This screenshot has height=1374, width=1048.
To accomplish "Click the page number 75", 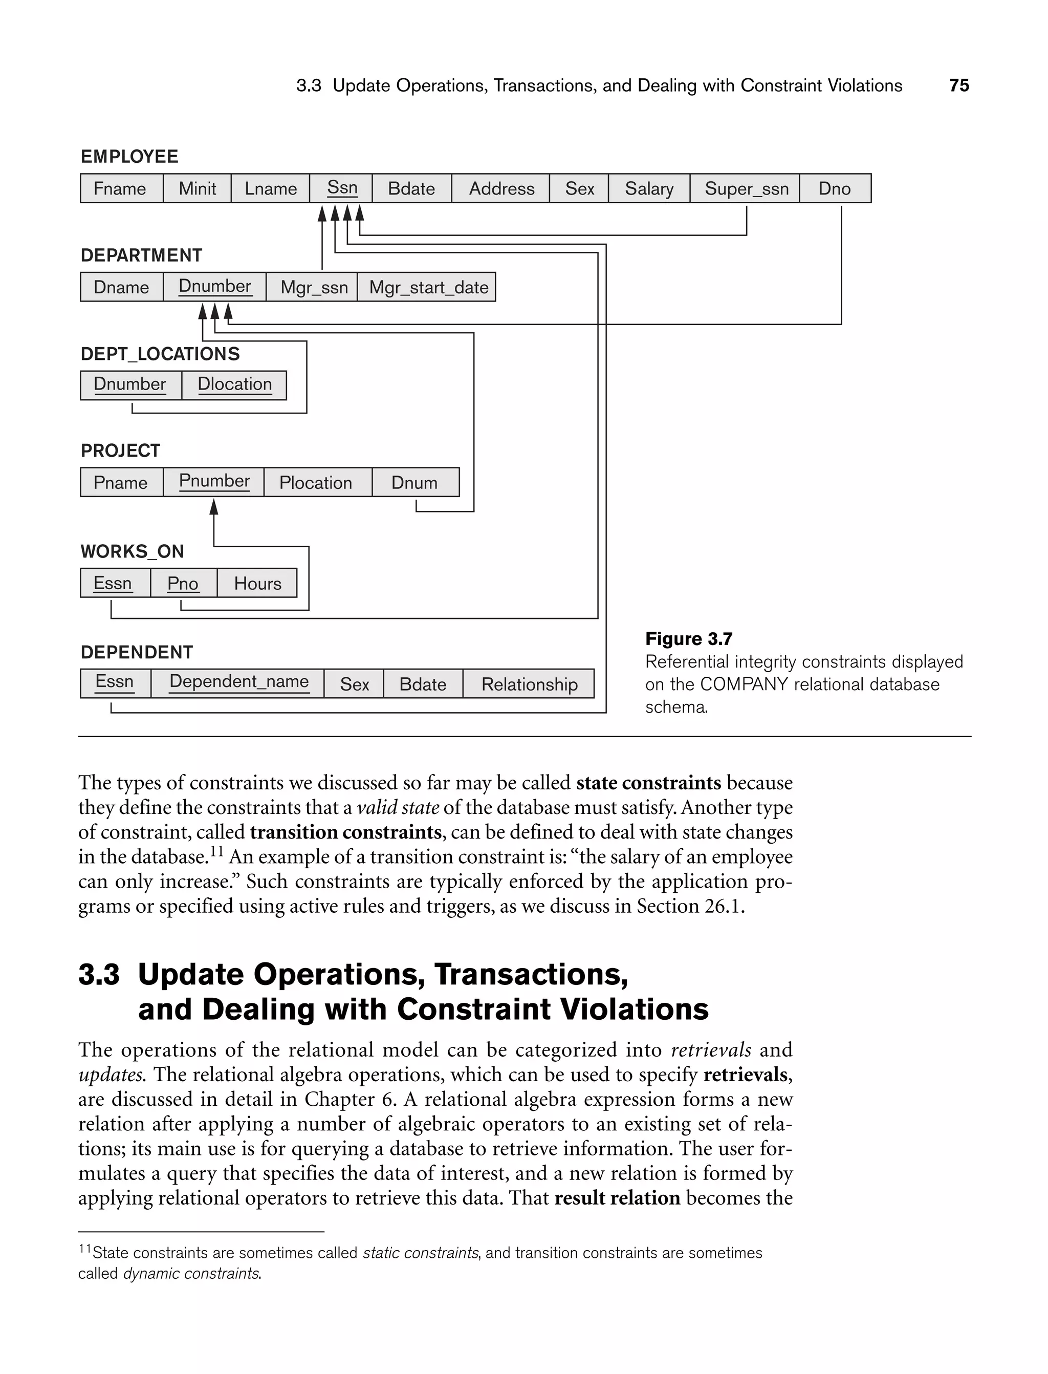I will pos(959,85).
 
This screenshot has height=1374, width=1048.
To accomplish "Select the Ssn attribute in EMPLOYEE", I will pos(341,188).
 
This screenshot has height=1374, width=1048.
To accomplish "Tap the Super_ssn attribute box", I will pos(746,188).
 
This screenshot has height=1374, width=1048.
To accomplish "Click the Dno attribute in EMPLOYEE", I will pos(834,188).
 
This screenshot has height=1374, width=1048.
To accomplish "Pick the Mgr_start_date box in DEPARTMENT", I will pos(428,287).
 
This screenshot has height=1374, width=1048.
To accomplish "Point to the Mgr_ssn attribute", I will pos(314,287).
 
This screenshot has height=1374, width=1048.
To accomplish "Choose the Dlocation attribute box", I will pos(234,384).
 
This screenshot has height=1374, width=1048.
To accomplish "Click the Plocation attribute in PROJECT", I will pos(316,482).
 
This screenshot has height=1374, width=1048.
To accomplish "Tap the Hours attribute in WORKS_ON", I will pos(257,584).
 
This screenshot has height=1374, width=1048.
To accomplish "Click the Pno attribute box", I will pos(183,584).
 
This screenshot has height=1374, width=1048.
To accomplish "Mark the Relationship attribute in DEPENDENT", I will pos(529,684).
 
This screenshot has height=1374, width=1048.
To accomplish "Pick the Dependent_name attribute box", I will pos(239,682).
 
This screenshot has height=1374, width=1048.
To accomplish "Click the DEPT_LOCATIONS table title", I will pos(160,354).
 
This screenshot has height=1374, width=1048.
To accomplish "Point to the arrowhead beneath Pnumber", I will pos(214,507).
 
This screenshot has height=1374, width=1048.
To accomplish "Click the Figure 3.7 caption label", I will pos(688,639).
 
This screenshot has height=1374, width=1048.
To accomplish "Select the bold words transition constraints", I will pos(345,832).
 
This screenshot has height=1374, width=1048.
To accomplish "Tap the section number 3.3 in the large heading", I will pos(99,975).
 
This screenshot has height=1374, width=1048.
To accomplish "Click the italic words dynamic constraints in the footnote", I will pos(191,1274).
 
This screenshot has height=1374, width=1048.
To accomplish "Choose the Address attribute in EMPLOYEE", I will pos(501,188).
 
